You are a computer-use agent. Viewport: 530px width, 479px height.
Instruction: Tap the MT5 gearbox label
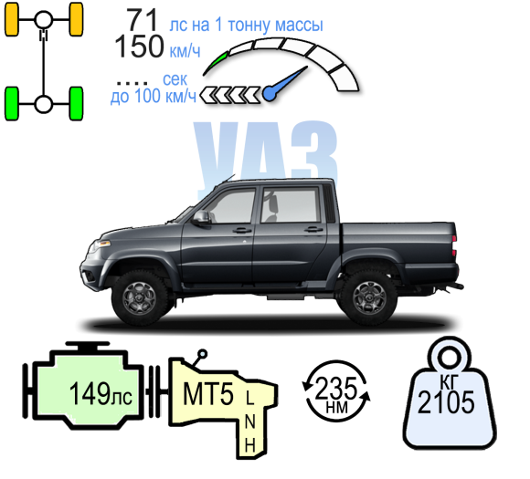(207, 394)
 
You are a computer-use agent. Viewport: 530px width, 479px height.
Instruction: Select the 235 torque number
(335, 388)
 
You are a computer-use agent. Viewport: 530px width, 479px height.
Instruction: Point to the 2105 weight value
(446, 402)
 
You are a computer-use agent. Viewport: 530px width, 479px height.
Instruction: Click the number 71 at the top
(143, 20)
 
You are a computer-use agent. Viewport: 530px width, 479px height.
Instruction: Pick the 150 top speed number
(139, 47)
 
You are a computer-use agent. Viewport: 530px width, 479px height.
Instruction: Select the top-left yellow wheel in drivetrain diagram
(12, 19)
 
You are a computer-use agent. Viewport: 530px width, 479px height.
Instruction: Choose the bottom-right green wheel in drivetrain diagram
(76, 104)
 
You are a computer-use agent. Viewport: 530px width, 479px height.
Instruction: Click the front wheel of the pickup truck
(140, 298)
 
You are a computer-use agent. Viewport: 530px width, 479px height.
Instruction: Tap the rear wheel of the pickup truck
(369, 298)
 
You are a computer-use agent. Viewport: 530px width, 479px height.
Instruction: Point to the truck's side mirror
(201, 218)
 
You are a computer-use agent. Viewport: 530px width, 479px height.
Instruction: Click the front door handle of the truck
(242, 231)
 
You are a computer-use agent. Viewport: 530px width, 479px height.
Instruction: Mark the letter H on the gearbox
(249, 445)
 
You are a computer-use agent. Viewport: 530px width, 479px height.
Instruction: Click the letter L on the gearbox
(249, 398)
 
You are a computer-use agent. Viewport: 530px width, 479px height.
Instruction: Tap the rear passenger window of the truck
(291, 205)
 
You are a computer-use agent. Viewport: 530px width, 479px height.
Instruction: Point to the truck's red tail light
(454, 245)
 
